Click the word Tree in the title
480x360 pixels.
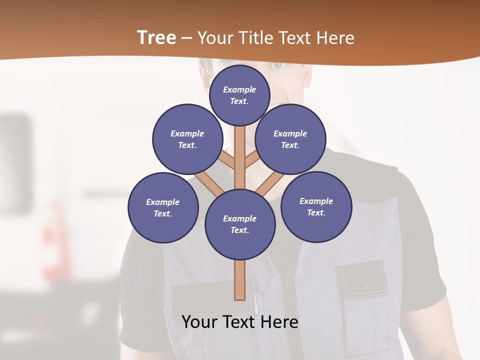point(156,38)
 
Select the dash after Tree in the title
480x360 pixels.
point(186,38)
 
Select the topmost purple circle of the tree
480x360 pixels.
point(239,95)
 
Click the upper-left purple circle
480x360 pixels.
point(187,139)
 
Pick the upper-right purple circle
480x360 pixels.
point(290,139)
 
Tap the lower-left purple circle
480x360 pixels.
point(163,207)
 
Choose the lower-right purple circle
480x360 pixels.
point(316,206)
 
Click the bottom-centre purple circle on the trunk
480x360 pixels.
point(240,224)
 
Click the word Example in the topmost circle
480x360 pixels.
point(239,89)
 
